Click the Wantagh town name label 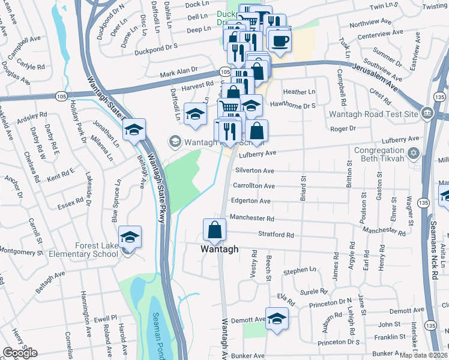coord(219,249)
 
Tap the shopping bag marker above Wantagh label coord(215,229)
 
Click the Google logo coord(20,353)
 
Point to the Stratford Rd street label coord(276,235)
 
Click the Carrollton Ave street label coord(253,186)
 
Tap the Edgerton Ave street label coord(252,201)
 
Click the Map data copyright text coord(423,355)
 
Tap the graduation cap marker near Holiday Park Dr coord(134,130)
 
